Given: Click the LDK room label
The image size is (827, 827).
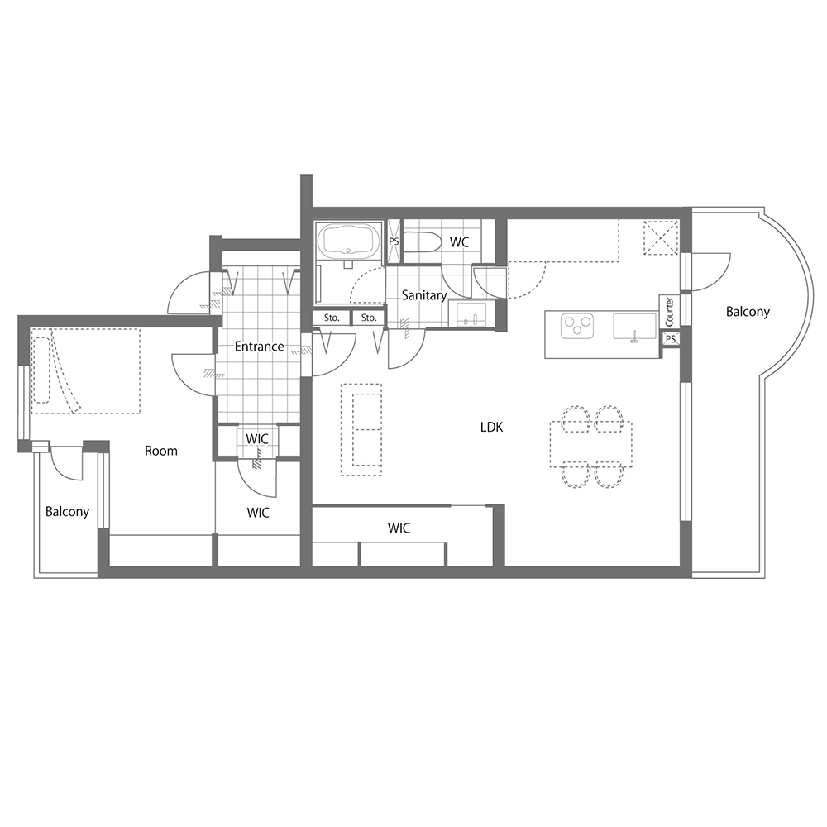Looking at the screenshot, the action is [491, 427].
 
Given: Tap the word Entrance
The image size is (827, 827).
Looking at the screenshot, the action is [259, 347].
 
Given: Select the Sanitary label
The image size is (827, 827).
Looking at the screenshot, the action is [424, 295].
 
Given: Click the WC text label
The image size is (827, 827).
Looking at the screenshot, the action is [459, 242].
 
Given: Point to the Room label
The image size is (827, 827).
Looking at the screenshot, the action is [161, 451].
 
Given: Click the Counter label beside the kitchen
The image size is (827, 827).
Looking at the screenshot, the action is [669, 312].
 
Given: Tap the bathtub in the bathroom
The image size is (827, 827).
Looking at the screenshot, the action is [349, 240].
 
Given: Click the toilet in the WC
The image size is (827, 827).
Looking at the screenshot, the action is [422, 242].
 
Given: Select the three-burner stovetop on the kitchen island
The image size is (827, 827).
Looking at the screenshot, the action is [577, 325].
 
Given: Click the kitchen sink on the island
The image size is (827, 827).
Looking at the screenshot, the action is [635, 327].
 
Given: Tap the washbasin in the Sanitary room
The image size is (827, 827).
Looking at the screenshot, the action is [471, 314].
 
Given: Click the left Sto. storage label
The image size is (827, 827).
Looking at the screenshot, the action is [332, 318].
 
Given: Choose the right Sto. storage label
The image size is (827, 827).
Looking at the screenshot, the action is [369, 318].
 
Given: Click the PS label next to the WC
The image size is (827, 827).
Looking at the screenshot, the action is [394, 241].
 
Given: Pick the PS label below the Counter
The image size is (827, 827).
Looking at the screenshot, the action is [671, 339].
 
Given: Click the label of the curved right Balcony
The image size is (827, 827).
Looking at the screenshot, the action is [748, 312].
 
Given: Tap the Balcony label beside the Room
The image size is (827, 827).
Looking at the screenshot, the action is [67, 512].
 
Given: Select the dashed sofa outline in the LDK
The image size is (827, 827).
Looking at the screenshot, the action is [361, 429].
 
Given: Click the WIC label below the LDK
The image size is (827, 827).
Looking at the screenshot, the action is [399, 528].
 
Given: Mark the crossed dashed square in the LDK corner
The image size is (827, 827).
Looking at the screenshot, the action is [660, 237].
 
